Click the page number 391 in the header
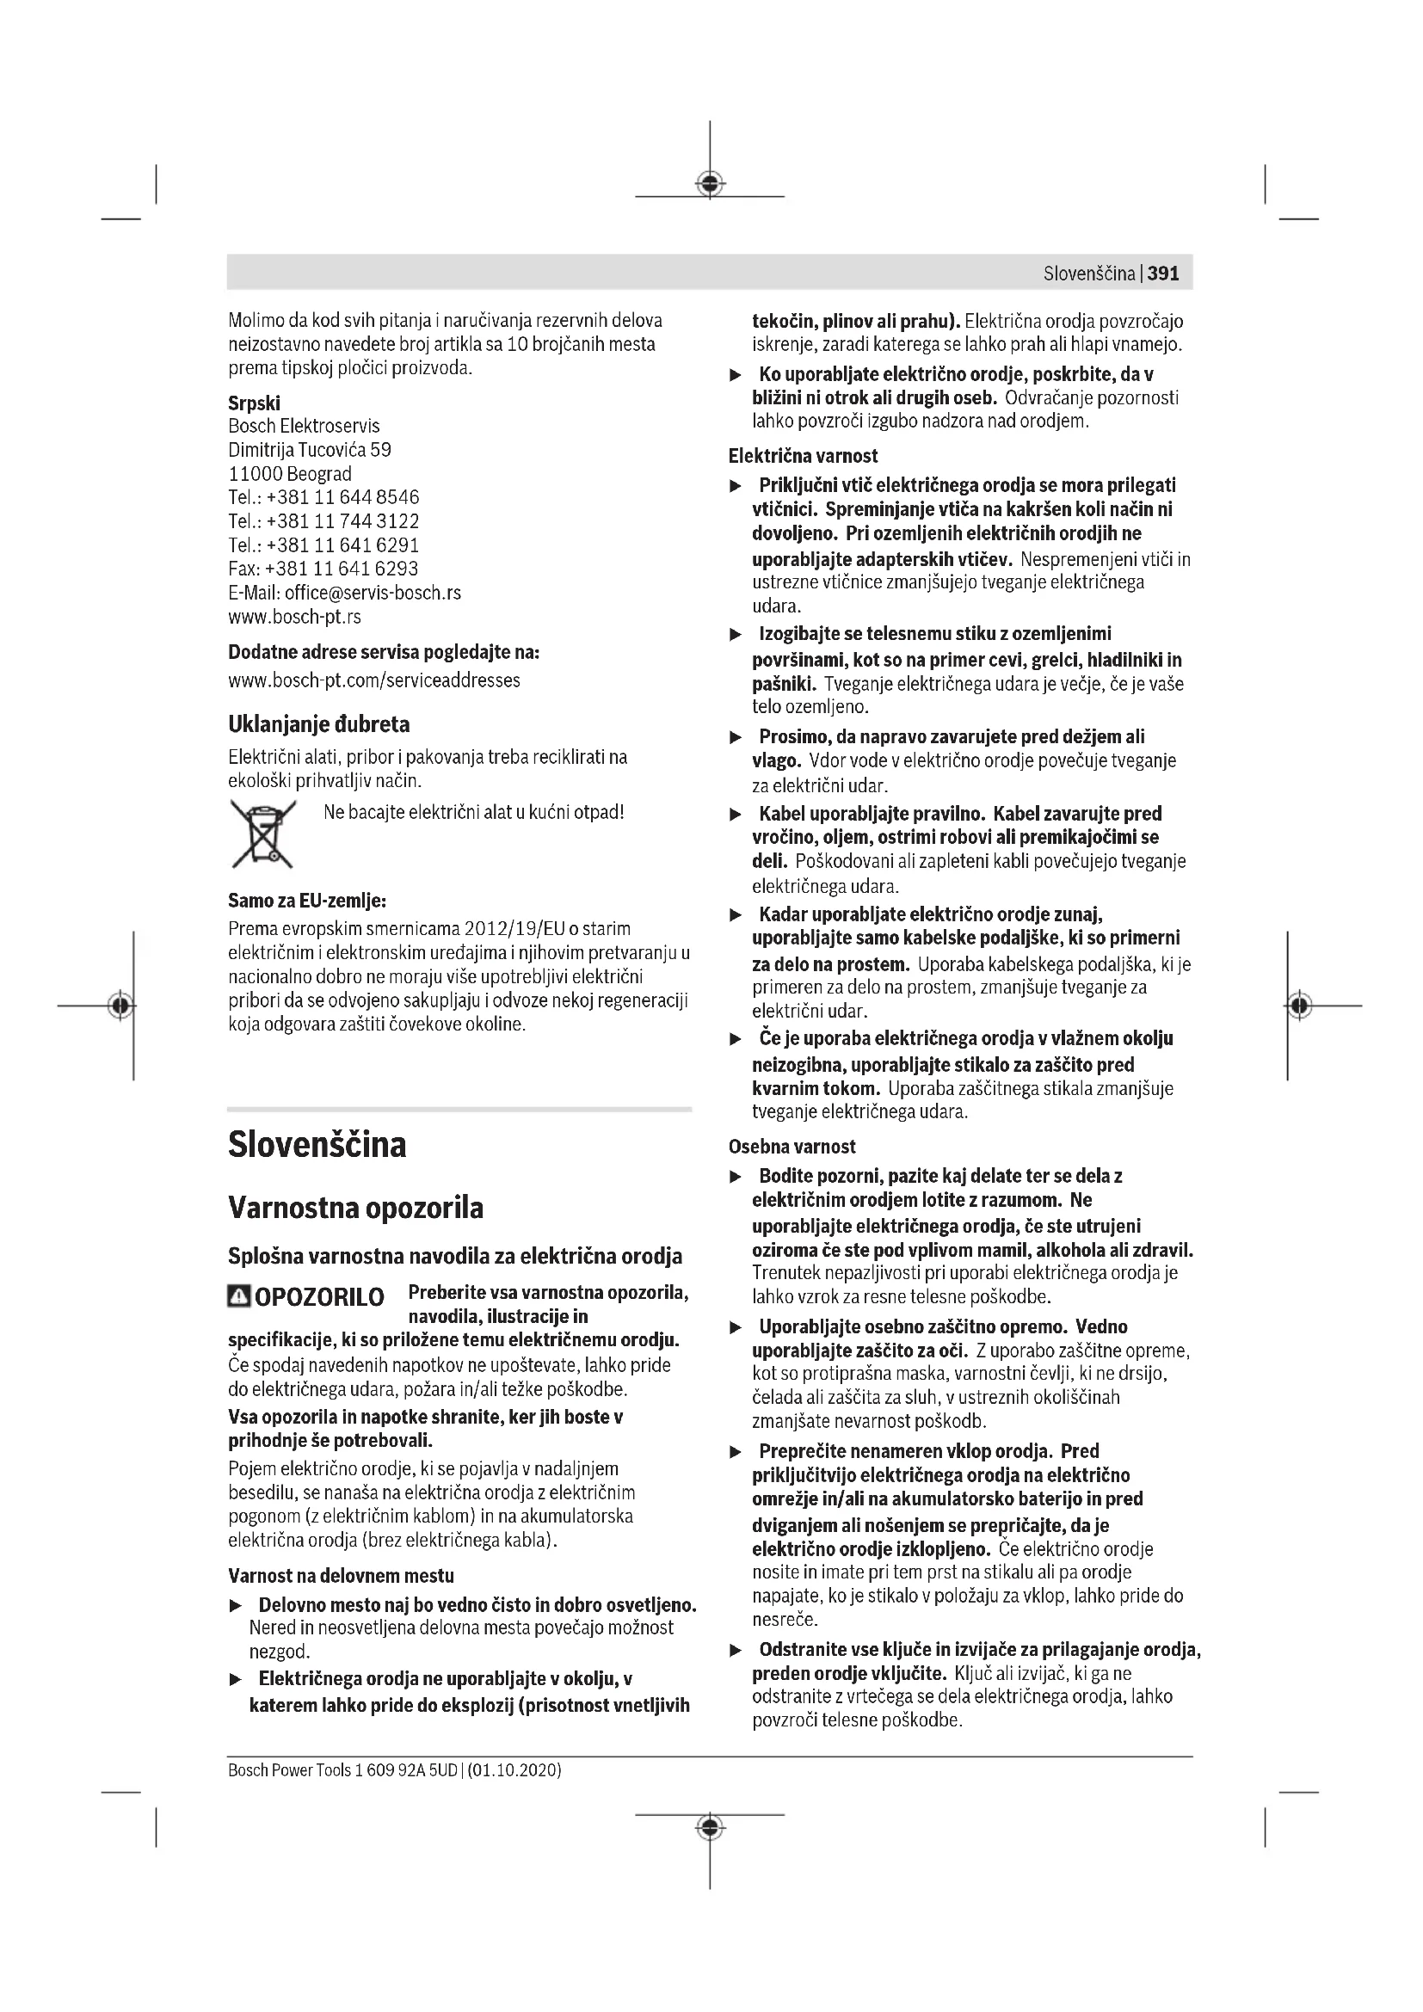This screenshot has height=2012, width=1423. point(1163,274)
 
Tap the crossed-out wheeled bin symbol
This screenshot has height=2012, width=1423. point(262,834)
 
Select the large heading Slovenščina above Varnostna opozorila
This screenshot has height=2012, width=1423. point(317,1144)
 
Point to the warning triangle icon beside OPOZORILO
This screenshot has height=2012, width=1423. point(238,1296)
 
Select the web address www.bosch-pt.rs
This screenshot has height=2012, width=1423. point(294,617)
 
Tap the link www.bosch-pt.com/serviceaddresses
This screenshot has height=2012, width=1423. point(374,680)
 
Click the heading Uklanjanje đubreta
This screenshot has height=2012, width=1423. point(319,724)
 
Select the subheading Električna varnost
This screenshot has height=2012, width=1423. point(803,456)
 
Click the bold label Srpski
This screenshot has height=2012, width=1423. point(254,403)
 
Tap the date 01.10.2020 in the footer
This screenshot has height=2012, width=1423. point(514,1769)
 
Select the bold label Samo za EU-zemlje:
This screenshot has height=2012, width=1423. point(306,901)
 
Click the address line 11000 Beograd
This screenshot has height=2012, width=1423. point(290,474)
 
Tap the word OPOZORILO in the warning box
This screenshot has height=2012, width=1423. point(320,1297)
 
